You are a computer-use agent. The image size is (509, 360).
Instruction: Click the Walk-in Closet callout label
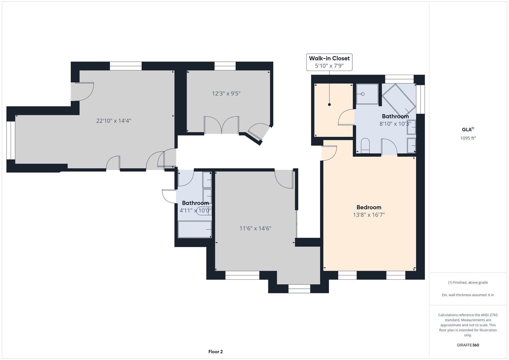click(329, 62)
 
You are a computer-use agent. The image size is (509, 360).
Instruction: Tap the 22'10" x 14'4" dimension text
click(114, 121)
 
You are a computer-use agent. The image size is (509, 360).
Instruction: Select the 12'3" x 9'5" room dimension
click(226, 94)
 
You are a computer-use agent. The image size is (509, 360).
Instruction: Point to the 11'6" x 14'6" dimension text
click(255, 228)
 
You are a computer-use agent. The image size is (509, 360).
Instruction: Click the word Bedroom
click(369, 207)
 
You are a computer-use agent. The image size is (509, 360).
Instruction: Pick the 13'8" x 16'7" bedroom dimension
click(369, 215)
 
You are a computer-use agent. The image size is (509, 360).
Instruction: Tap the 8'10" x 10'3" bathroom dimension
click(395, 124)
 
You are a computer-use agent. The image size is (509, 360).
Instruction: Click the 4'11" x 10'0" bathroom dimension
click(195, 210)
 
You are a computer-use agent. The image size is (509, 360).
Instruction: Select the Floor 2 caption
click(215, 352)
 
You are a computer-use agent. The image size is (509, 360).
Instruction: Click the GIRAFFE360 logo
click(468, 345)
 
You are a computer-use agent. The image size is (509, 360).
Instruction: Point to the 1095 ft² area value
click(468, 138)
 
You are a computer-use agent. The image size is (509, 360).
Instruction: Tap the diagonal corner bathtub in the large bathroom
click(399, 100)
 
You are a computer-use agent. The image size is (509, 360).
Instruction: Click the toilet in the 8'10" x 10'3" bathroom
click(365, 145)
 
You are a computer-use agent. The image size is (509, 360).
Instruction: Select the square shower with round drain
click(367, 94)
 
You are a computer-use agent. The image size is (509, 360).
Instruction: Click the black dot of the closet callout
click(329, 105)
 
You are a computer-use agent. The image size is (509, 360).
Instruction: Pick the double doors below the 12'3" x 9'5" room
click(222, 125)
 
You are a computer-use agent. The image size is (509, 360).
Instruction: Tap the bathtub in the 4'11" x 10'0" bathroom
click(195, 229)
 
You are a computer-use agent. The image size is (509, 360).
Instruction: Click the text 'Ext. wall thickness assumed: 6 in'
click(468, 295)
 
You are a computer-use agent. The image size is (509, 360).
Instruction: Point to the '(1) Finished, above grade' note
click(468, 283)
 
